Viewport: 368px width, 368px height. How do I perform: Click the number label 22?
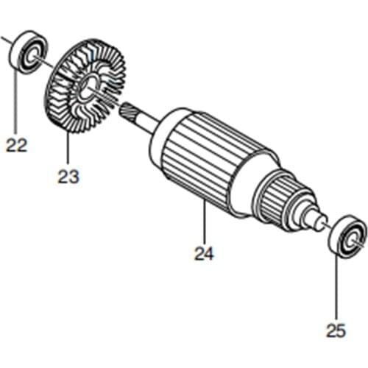16,144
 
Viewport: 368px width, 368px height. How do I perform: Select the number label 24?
204,254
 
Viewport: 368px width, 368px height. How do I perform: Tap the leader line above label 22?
16,103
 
